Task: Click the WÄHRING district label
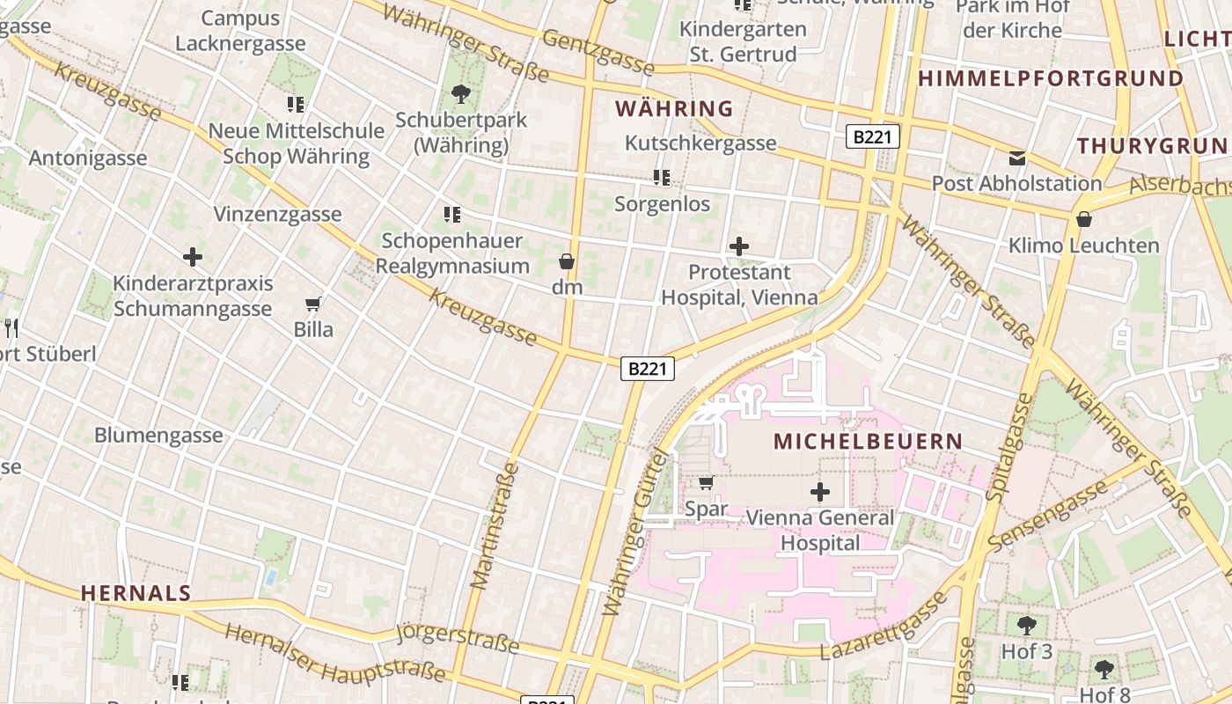pos(673,108)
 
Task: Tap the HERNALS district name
pos(136,593)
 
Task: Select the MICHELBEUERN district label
pos(868,441)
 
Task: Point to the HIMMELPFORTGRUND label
pos(1051,78)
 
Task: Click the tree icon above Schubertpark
pos(460,94)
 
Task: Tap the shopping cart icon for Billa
pos(312,304)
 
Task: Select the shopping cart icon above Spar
pos(706,482)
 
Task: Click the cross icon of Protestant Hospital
pos(739,246)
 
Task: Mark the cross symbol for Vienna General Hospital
pos(820,492)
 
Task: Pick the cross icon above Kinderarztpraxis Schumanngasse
pos(193,257)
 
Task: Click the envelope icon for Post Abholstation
pos(1017,158)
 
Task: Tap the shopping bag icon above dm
pos(567,261)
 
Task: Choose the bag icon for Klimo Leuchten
pos(1084,219)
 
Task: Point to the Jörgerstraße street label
pos(458,638)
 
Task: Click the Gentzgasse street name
pos(598,52)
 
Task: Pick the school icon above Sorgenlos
pos(662,179)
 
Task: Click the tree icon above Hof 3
pos(1026,626)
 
